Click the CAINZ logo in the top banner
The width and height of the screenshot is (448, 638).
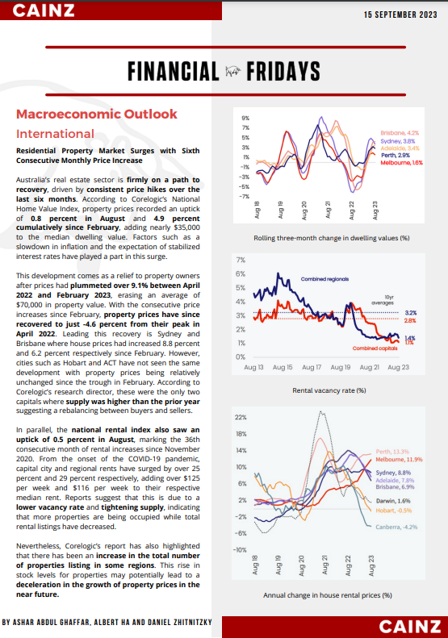click(44, 10)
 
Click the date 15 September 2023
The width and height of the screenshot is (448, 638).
click(400, 15)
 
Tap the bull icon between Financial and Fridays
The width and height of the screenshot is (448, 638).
click(233, 72)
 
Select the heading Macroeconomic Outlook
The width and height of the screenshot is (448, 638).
click(97, 114)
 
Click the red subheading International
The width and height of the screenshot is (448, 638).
click(55, 134)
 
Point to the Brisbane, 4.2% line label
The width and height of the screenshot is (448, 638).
click(400, 133)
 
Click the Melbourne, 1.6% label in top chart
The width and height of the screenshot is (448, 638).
click(401, 163)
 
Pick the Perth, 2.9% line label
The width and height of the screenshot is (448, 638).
click(396, 156)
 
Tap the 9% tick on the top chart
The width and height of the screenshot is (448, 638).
click(245, 119)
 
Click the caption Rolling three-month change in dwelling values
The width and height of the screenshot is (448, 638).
click(332, 238)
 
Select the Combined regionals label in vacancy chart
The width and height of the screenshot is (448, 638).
click(324, 279)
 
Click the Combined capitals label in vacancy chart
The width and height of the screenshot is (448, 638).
click(375, 348)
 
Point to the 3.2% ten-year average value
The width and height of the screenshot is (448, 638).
click(410, 313)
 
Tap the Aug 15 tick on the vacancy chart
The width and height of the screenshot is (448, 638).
click(283, 367)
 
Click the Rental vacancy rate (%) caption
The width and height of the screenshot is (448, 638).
click(329, 390)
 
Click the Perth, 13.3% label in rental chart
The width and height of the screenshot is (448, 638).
click(392, 452)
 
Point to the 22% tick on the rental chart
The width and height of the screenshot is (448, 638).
click(241, 418)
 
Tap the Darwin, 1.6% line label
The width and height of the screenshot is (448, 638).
click(393, 501)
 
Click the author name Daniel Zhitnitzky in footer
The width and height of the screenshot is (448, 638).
click(179, 622)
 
